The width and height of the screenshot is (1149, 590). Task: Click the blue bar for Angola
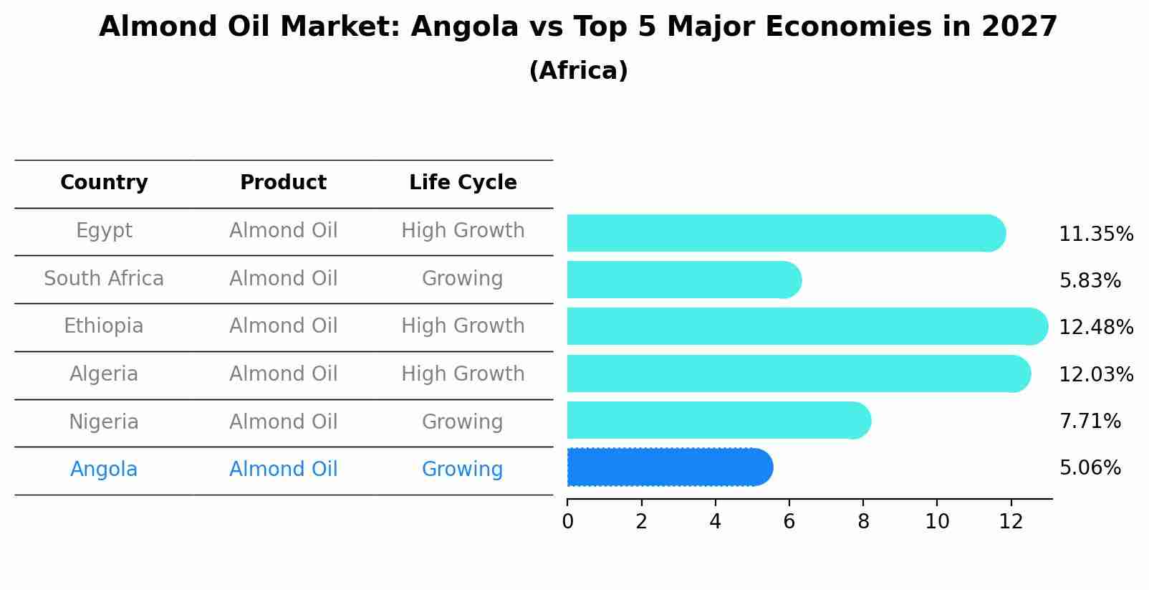click(x=669, y=467)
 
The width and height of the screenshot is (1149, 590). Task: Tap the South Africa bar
click(x=683, y=280)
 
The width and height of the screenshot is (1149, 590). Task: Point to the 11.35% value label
click(x=1095, y=234)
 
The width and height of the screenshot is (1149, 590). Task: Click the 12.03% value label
click(x=1095, y=375)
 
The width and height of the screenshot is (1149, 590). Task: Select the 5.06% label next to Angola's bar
click(x=1090, y=468)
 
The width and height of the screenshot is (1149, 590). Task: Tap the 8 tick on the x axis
click(x=863, y=522)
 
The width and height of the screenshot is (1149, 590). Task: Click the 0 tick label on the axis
click(x=567, y=522)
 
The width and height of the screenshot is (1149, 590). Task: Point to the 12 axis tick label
click(x=1011, y=522)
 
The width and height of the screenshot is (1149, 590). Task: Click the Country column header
click(x=104, y=183)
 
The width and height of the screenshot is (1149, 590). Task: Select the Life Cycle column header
click(x=463, y=183)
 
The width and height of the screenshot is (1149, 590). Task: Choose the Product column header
click(x=283, y=183)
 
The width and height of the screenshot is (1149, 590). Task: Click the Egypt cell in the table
click(x=104, y=231)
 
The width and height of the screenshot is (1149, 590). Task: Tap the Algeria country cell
click(x=104, y=374)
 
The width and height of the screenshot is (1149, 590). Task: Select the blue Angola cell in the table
click(x=104, y=470)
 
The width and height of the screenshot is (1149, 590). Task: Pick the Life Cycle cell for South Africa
click(x=462, y=279)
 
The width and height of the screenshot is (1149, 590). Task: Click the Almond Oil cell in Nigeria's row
click(x=283, y=422)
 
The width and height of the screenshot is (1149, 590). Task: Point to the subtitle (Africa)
click(x=578, y=71)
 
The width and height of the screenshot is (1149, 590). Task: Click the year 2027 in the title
click(x=1019, y=27)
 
